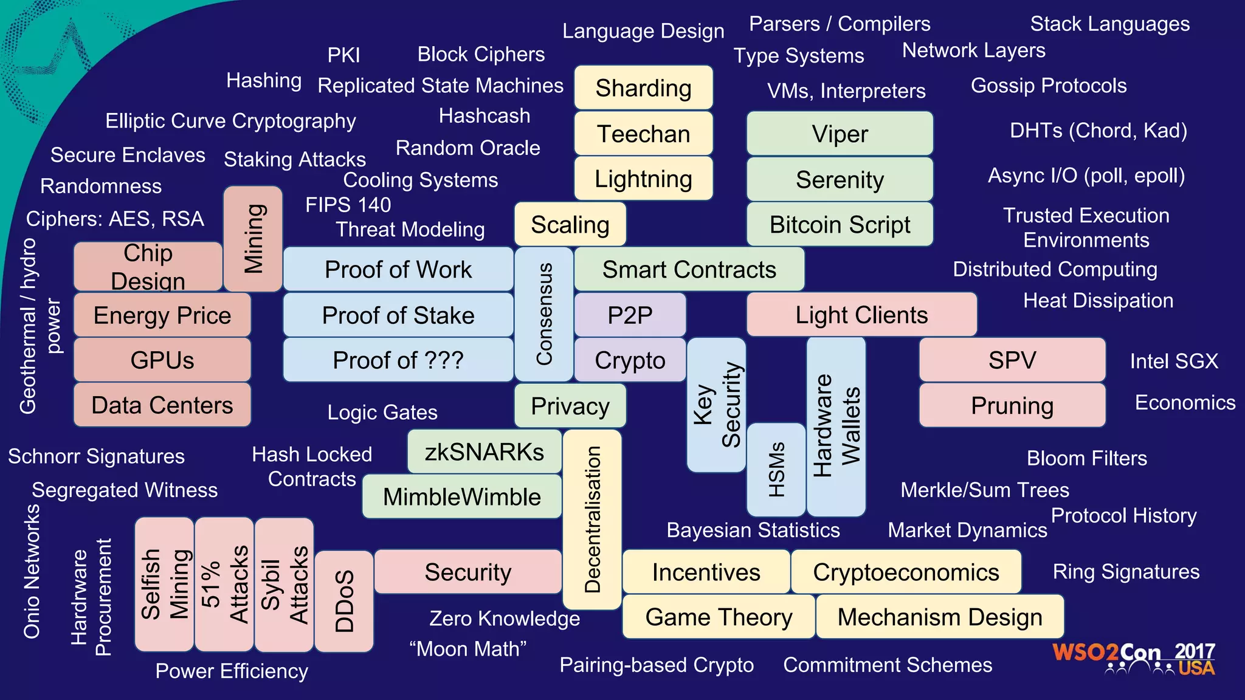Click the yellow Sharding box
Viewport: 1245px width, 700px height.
coord(643,88)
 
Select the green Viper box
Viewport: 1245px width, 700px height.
coord(840,134)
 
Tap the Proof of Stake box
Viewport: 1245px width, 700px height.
coord(398,315)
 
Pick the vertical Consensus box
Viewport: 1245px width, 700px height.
coord(543,314)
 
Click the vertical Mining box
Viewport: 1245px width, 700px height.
coord(253,239)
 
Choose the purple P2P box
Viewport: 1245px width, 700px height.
coord(630,315)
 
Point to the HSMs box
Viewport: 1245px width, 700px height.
coord(776,470)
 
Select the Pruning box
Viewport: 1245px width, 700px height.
coord(1012,405)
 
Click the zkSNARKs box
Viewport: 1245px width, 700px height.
coord(484,452)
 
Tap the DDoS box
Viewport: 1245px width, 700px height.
coord(344,601)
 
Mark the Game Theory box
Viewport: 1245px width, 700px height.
coord(719,617)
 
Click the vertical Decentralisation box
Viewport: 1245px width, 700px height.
coord(592,520)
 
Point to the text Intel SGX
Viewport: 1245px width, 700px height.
coord(1174,362)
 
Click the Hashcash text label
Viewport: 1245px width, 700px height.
coord(485,116)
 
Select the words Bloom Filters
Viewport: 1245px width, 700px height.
coord(1086,458)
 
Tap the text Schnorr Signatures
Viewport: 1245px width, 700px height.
coord(96,456)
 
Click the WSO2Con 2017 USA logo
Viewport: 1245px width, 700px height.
coord(1133,659)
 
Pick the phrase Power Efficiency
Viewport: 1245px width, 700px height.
coord(232,671)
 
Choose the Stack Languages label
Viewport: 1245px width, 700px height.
coord(1109,24)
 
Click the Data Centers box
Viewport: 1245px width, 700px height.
coord(162,405)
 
